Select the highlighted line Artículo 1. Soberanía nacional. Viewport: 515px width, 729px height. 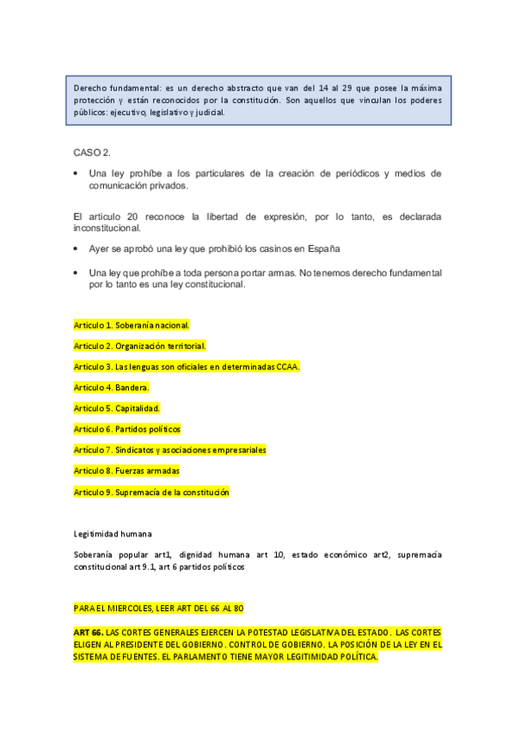tap(132, 325)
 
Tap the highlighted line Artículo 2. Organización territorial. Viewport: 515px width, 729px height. tap(139, 346)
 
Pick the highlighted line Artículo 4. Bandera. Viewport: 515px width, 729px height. tap(112, 387)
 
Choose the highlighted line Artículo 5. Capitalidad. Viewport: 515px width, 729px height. tap(117, 407)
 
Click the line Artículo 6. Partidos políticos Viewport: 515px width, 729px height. tap(127, 428)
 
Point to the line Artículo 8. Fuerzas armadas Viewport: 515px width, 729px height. tap(126, 470)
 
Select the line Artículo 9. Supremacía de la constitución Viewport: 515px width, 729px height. tap(151, 492)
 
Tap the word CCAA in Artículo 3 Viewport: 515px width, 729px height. tap(285, 366)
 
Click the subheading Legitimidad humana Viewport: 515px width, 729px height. tap(113, 533)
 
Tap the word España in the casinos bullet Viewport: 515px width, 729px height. tap(323, 248)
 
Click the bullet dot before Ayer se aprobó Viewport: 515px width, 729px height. tap(77, 248)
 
